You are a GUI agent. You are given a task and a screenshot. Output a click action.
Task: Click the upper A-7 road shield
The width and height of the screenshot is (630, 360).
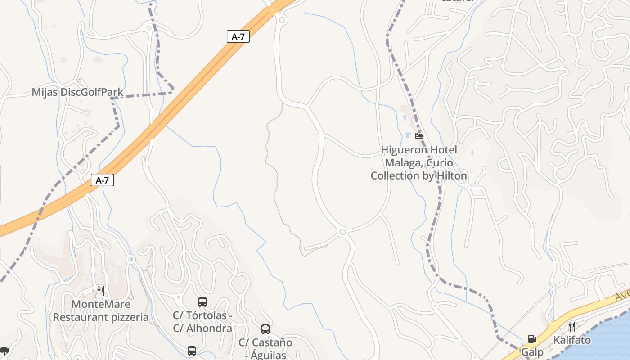(238, 37)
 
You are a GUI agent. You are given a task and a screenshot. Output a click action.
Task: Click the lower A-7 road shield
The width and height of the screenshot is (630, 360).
(102, 180)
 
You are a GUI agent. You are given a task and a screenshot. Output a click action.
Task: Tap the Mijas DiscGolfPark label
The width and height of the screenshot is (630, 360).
(77, 92)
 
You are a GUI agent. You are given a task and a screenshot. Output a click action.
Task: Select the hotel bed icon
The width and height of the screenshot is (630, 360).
(419, 136)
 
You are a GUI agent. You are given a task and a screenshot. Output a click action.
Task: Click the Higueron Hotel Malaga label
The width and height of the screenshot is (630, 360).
(419, 162)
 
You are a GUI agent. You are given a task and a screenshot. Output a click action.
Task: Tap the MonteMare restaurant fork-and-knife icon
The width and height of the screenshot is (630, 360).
(101, 291)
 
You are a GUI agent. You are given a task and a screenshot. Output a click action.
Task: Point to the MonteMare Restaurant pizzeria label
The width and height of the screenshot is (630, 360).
(101, 311)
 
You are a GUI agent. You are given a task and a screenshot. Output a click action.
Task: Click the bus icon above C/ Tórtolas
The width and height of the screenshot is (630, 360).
(202, 302)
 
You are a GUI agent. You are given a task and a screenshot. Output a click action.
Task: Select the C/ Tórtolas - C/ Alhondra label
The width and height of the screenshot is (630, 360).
(202, 322)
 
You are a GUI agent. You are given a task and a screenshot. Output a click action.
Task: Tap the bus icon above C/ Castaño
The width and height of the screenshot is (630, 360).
(265, 329)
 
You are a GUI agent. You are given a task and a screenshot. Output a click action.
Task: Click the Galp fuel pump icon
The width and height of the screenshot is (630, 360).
(532, 339)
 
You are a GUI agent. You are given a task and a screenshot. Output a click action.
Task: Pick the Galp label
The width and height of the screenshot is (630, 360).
(532, 352)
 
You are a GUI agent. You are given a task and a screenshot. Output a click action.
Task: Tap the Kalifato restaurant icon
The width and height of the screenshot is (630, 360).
(571, 327)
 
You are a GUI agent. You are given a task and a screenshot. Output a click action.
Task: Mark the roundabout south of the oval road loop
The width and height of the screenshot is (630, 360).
(342, 232)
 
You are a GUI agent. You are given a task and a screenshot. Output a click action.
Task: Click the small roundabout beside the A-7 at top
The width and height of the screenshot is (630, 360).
(282, 20)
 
